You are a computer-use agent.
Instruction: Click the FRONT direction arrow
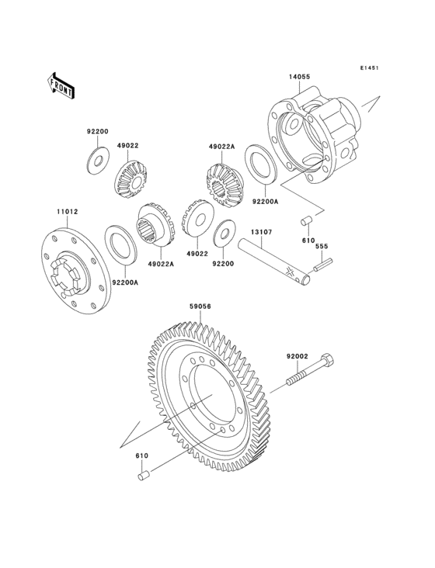pyautogui.click(x=61, y=85)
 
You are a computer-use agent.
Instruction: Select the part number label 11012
pyautogui.click(x=65, y=211)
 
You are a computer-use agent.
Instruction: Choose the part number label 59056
pyautogui.click(x=200, y=307)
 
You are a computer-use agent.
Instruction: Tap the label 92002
pyautogui.click(x=297, y=356)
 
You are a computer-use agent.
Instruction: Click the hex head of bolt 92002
pyautogui.click(x=326, y=362)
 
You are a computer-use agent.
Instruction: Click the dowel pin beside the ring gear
pyautogui.click(x=143, y=475)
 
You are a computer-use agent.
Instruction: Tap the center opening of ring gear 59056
pyautogui.click(x=210, y=396)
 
